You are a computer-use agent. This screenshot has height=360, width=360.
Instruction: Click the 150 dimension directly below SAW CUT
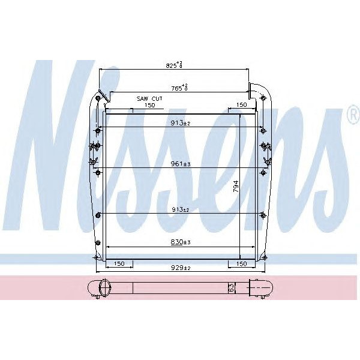coord(149,105)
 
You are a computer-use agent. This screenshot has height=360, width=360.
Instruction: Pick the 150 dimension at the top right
coord(241,105)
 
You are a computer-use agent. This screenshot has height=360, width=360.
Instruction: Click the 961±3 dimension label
coord(179,163)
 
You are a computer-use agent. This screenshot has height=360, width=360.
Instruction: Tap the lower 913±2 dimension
coord(179,209)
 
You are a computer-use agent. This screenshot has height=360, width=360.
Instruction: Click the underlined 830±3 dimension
coord(179,242)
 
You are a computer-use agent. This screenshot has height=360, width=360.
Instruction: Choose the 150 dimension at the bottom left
coord(119,264)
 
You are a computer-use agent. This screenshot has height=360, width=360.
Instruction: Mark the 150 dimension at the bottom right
coord(241,264)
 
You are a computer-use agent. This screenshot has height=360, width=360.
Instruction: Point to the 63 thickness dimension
coord(230,287)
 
